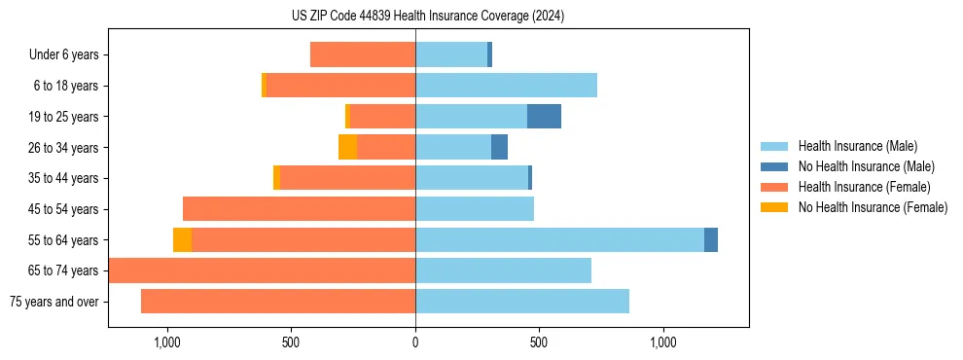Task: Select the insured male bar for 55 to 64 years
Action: pos(559,239)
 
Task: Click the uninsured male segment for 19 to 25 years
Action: pos(544,117)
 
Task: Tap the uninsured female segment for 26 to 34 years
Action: pos(347,147)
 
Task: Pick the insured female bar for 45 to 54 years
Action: pos(299,209)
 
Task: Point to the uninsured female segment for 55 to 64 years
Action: pos(182,239)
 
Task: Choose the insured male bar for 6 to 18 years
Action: pos(506,86)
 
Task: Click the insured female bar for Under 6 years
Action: pos(363,54)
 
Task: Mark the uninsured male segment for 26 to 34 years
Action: pos(499,147)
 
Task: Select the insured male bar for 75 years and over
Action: pos(522,302)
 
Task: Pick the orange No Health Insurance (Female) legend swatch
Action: pos(774,207)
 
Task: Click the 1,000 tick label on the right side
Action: pos(663,342)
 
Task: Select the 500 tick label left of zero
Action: pos(291,342)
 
